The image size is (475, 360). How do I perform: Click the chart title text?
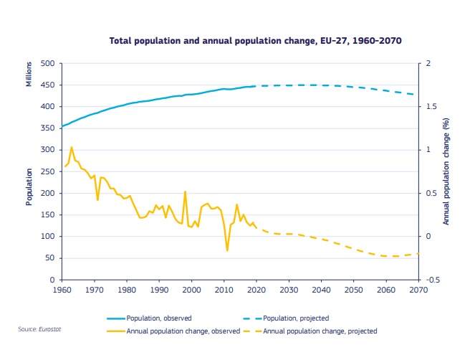[254, 41]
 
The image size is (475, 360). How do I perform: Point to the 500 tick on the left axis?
[48, 64]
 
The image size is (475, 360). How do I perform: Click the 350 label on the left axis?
[48, 128]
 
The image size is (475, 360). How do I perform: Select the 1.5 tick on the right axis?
[429, 107]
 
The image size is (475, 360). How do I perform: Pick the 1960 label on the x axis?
[62, 290]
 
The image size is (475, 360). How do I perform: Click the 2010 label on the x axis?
[224, 290]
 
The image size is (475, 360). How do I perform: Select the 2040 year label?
[321, 290]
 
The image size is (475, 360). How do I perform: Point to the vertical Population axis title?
[29, 186]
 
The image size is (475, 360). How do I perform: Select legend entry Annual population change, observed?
[173, 331]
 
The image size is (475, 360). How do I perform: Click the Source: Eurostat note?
[37, 329]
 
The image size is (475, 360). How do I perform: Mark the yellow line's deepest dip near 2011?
[227, 250]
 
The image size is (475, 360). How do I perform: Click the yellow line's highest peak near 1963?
[71, 147]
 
